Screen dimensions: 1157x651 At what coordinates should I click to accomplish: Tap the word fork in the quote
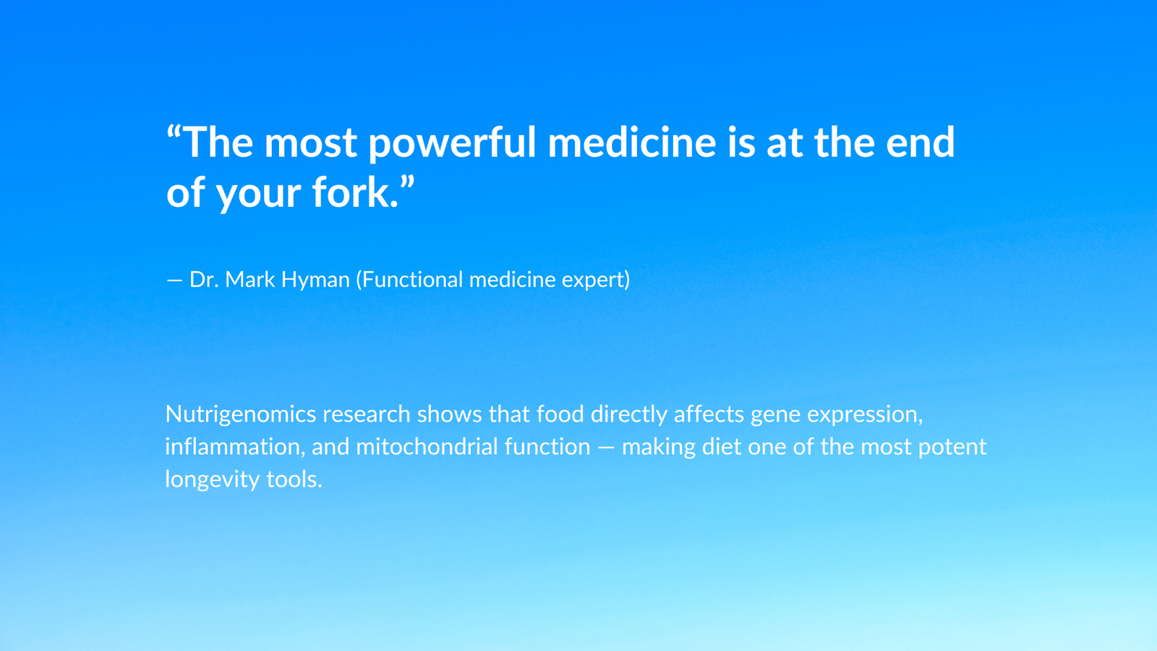tap(351, 192)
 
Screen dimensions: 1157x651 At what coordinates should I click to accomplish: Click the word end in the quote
tap(921, 141)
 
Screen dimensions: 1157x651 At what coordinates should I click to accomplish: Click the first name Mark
tap(250, 279)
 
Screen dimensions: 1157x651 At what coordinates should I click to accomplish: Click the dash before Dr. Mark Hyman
tap(174, 281)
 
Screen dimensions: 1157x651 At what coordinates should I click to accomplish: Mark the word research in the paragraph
tap(366, 414)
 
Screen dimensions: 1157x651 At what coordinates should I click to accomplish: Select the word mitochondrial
tap(427, 446)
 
